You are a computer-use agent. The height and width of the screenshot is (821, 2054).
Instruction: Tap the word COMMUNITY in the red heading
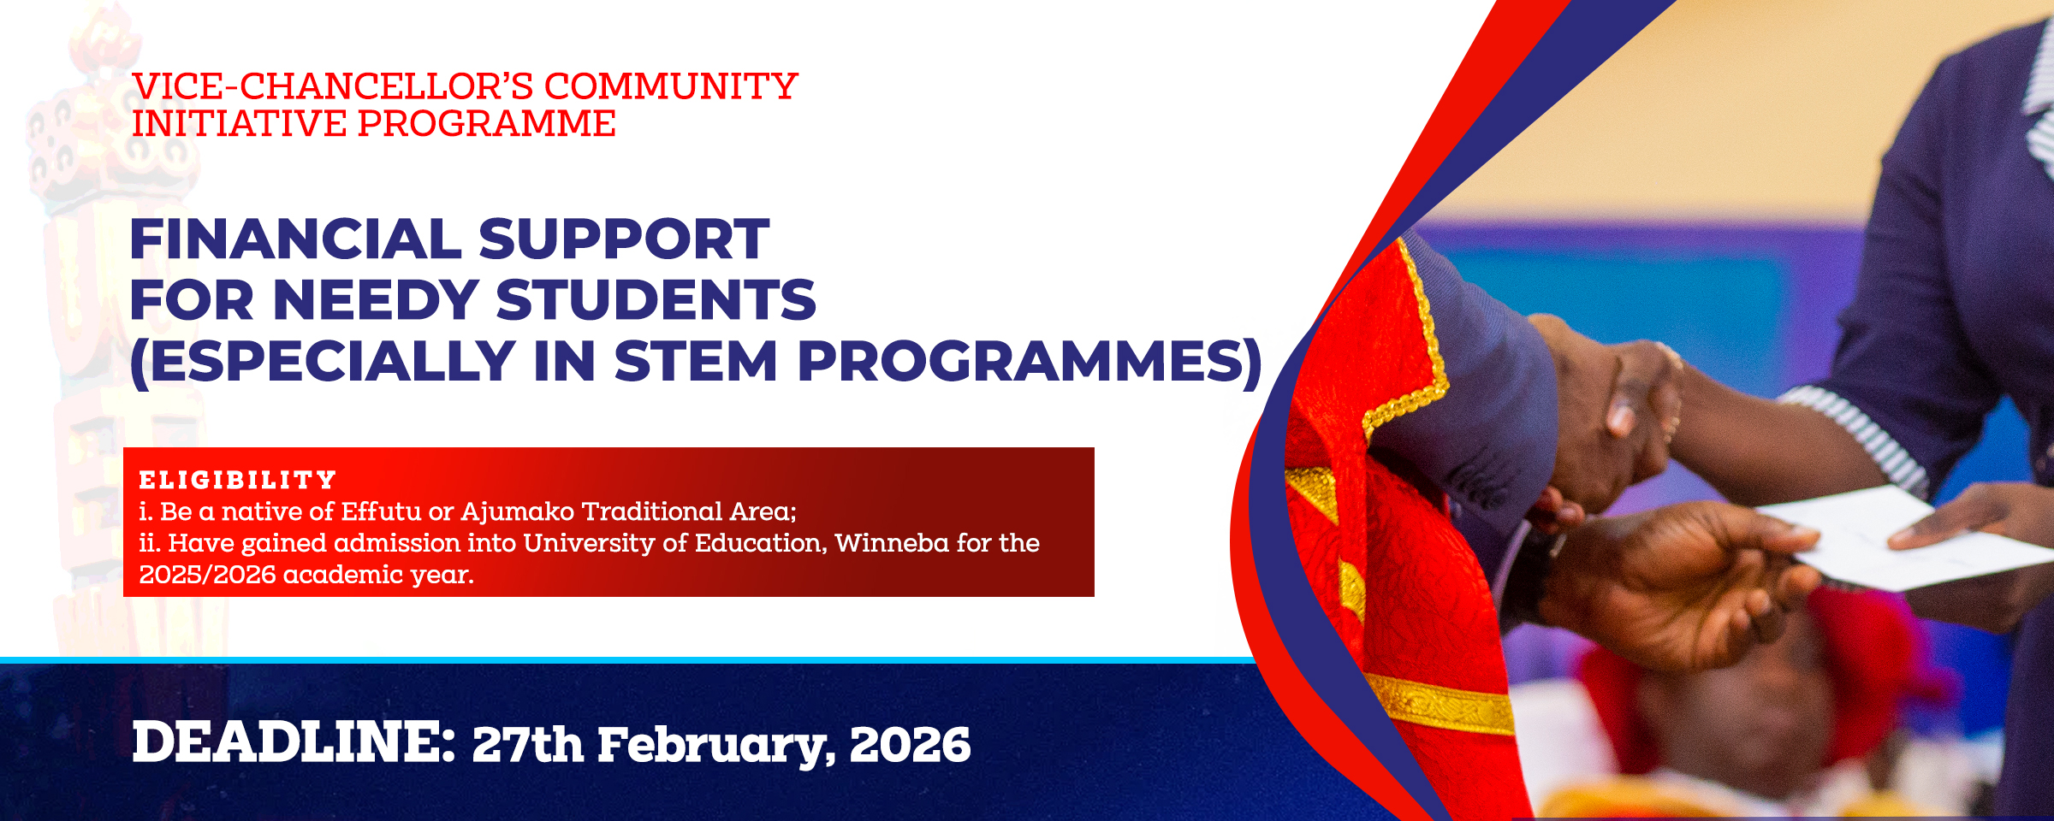click(x=670, y=86)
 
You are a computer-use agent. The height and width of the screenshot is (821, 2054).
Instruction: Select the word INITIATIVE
click(x=238, y=124)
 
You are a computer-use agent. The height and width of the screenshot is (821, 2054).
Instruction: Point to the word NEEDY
click(x=376, y=300)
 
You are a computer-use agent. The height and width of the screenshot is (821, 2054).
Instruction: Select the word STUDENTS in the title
click(x=656, y=300)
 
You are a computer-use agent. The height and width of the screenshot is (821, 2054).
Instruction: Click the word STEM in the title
click(x=695, y=362)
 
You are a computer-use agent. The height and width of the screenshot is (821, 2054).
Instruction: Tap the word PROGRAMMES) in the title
click(x=1030, y=362)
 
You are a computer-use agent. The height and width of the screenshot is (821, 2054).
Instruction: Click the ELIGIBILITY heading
click(x=238, y=480)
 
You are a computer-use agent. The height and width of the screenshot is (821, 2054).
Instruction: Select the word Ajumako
click(x=517, y=511)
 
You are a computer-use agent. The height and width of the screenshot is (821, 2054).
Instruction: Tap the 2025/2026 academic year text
click(x=306, y=575)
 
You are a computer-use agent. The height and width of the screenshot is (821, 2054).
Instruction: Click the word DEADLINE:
click(x=294, y=741)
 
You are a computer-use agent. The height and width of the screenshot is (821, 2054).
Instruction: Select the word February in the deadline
click(x=715, y=745)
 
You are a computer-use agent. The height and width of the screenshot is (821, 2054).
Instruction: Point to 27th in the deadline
click(x=527, y=745)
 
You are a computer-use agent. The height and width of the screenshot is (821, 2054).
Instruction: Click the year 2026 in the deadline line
click(x=910, y=745)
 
